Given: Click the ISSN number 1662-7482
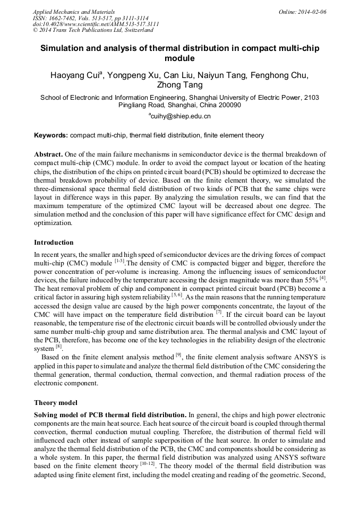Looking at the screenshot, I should coord(64,18).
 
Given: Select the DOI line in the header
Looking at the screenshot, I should coord(96,24).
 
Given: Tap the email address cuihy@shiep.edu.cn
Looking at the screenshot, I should coord(181,116).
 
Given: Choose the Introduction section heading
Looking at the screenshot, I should coord(54,243).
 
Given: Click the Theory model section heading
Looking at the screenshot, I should coord(56,403).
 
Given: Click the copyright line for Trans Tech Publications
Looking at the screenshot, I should coord(93,31).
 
